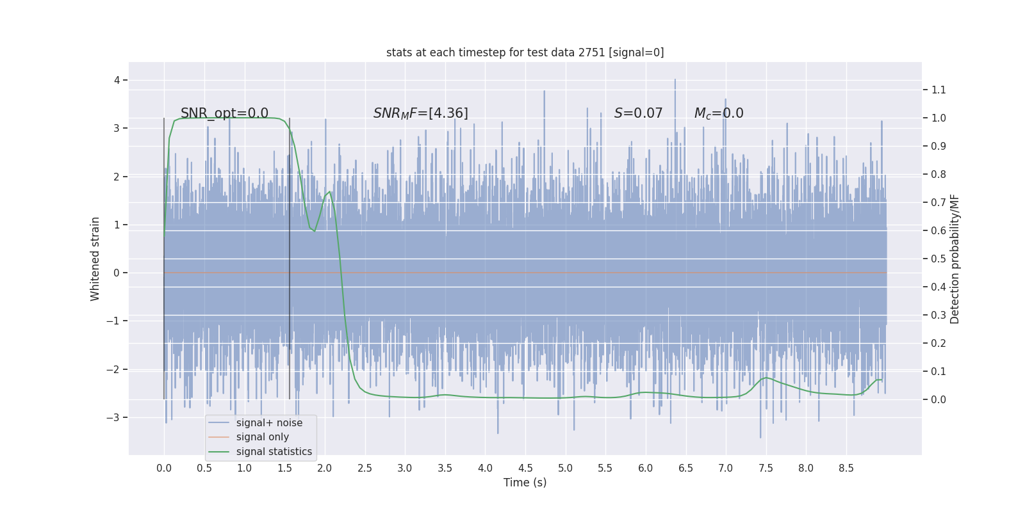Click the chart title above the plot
[525, 52]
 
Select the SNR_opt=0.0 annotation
[224, 113]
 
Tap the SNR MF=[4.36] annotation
[421, 113]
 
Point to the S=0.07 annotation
[638, 113]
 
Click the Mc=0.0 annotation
[719, 113]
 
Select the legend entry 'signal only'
[262, 437]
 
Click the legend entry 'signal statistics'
[274, 452]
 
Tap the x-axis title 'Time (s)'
[525, 483]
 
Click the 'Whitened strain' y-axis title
[95, 259]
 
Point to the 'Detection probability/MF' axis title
[955, 259]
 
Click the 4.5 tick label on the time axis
[525, 468]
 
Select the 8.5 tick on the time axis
[846, 468]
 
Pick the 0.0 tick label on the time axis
[164, 468]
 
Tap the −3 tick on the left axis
[113, 417]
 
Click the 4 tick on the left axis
[117, 80]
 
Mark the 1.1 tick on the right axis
[939, 90]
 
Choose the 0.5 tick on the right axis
[939, 259]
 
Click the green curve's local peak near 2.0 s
[329, 192]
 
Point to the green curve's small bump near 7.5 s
[766, 378]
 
